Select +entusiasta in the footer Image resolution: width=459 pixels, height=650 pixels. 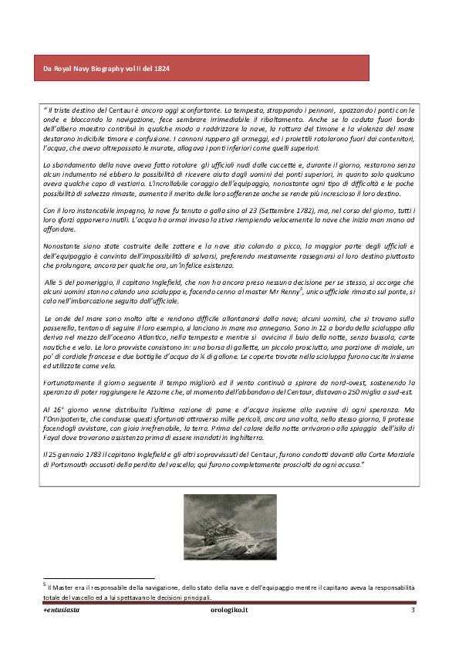click(61, 610)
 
